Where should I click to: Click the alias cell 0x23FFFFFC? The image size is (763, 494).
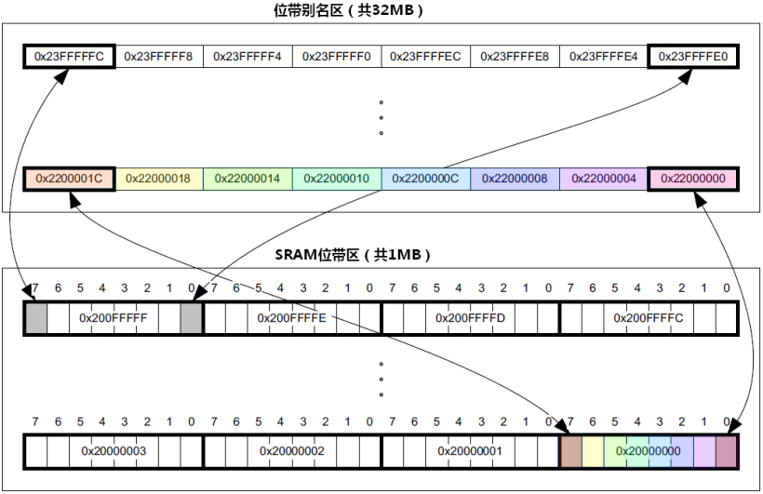(x=69, y=56)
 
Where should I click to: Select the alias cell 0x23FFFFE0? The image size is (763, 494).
(x=693, y=56)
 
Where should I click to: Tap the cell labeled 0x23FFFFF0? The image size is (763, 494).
(x=337, y=56)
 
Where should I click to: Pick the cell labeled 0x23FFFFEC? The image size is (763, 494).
(x=425, y=56)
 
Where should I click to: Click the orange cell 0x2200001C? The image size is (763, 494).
(x=69, y=178)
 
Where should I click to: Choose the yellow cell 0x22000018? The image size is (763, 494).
(x=158, y=178)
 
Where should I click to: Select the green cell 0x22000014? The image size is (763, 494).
(x=248, y=178)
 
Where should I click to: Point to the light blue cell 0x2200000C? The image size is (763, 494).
(x=425, y=178)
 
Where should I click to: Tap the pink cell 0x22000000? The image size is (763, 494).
(x=693, y=178)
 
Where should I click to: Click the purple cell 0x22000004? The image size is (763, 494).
(x=604, y=178)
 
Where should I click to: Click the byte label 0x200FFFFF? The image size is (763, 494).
(x=114, y=318)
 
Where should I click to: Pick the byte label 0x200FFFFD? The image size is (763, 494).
(x=470, y=318)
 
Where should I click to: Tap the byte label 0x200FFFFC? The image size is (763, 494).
(x=649, y=318)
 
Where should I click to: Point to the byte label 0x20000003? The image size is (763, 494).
(x=114, y=451)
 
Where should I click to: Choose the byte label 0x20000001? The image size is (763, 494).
(x=470, y=451)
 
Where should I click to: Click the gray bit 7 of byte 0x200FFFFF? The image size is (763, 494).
(x=35, y=318)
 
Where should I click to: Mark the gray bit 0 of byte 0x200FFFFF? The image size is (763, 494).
(x=191, y=318)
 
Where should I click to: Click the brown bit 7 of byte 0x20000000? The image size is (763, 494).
(x=570, y=451)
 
